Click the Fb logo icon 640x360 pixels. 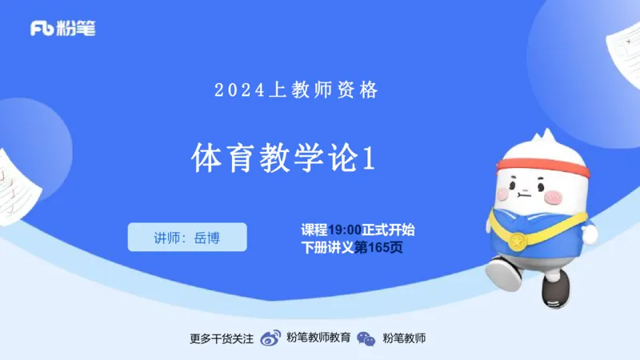42,29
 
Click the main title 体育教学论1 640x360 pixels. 283,158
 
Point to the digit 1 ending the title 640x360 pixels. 369,158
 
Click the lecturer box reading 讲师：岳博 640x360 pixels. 187,237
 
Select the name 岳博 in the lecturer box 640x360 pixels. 206,237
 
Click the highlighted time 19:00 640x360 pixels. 345,230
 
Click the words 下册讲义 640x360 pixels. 327,248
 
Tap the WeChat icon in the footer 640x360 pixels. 366,338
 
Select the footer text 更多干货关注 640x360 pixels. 222,338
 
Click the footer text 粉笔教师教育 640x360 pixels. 318,338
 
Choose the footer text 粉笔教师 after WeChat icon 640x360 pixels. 404,338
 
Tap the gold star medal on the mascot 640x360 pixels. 517,240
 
